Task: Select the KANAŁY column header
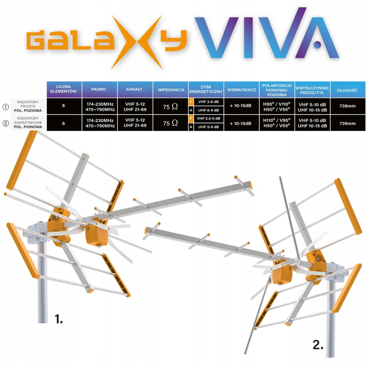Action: (135, 89)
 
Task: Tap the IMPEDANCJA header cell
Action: (171, 90)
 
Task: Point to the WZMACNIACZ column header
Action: (242, 90)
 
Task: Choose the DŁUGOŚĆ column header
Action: (347, 90)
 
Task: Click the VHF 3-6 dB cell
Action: (209, 102)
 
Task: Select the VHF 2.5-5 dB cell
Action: (209, 118)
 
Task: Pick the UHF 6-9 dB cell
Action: (209, 110)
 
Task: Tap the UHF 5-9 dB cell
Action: (209, 127)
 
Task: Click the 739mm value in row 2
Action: (347, 123)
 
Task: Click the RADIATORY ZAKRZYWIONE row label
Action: (29, 123)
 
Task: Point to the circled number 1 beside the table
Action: (5, 107)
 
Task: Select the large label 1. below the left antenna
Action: (58, 318)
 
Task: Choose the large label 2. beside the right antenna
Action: (318, 345)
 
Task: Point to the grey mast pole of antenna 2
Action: (331, 322)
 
